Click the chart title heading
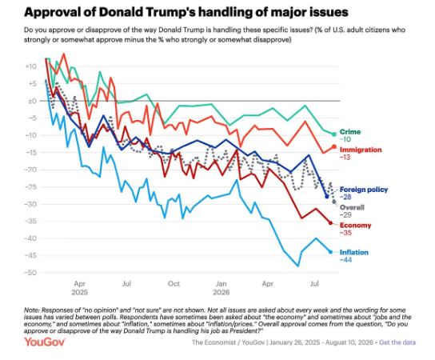click(x=186, y=12)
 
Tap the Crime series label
click(x=350, y=132)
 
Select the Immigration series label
click(x=361, y=150)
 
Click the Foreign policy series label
click(x=364, y=190)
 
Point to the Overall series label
click(x=352, y=207)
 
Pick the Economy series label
click(x=355, y=225)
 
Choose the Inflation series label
click(x=354, y=252)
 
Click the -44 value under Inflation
click(x=345, y=260)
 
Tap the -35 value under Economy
click(x=345, y=233)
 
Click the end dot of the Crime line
click(x=334, y=134)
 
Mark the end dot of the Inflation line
click(x=330, y=252)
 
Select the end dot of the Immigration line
click(x=334, y=146)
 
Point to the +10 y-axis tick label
click(x=30, y=66)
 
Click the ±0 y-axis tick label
click(x=32, y=101)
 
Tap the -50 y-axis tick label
click(x=30, y=273)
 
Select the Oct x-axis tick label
click(x=174, y=284)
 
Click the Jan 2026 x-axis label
click(x=221, y=288)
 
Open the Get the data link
click(x=397, y=342)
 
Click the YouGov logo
click(x=45, y=342)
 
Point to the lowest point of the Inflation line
click(x=298, y=266)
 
